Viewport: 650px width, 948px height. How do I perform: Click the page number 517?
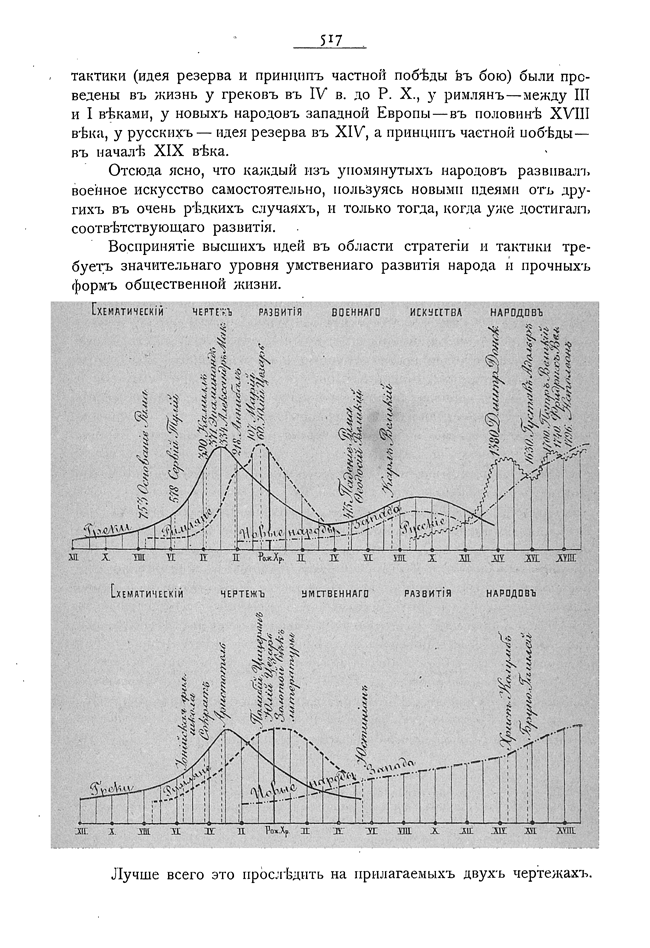click(326, 40)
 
